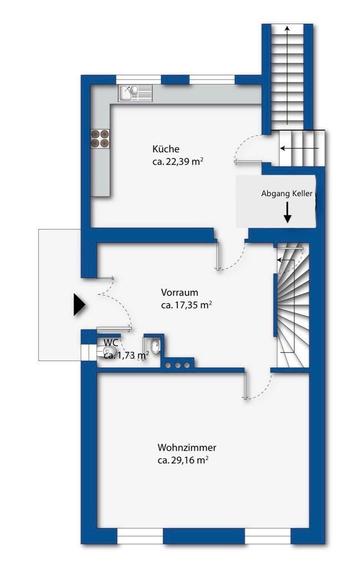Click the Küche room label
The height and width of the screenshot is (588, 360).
click(x=166, y=149)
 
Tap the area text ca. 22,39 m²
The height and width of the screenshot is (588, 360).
click(x=178, y=162)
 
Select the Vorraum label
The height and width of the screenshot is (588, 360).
click(x=179, y=292)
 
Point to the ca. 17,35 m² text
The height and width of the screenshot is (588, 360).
click(x=186, y=305)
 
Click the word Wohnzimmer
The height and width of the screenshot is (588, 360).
click(x=187, y=447)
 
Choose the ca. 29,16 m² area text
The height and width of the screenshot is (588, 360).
click(x=183, y=460)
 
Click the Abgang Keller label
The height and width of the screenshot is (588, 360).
click(x=287, y=193)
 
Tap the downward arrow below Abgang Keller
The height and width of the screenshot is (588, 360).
click(x=287, y=212)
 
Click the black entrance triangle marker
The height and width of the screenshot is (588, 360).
click(x=79, y=305)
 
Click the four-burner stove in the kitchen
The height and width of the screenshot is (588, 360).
click(x=100, y=138)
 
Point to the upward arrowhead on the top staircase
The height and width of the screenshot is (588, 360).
click(x=287, y=28)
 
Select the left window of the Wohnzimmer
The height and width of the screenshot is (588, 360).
click(x=140, y=536)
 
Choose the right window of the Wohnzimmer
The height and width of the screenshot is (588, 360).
click(x=268, y=536)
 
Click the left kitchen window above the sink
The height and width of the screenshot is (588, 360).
click(x=138, y=80)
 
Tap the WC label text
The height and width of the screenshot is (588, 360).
click(x=111, y=342)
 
